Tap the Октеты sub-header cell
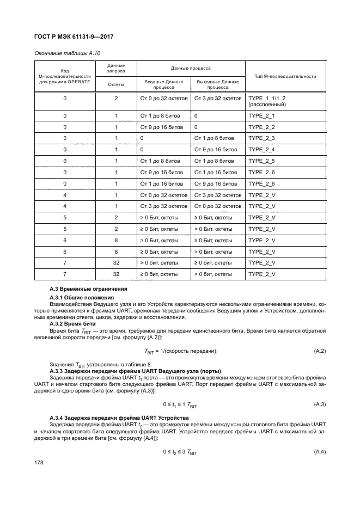(x=116, y=84)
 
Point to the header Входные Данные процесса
(x=163, y=84)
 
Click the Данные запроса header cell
(x=116, y=68)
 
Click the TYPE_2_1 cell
(x=261, y=116)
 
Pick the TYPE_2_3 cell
(x=261, y=138)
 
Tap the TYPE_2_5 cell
(x=261, y=161)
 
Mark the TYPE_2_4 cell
(x=261, y=150)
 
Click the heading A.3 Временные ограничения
(x=88, y=289)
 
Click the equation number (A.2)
(x=320, y=351)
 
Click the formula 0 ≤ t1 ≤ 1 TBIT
(x=180, y=404)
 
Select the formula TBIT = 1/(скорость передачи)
(x=180, y=351)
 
